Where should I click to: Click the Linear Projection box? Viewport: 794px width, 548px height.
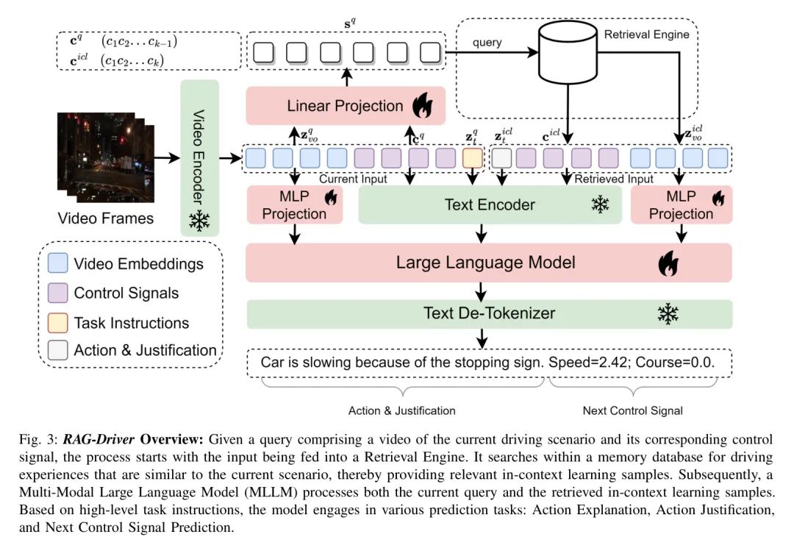click(x=346, y=106)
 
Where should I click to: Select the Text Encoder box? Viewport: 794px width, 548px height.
click(x=490, y=204)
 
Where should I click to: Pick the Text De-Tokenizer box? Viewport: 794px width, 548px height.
click(x=489, y=313)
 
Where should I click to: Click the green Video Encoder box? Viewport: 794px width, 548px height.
click(x=199, y=157)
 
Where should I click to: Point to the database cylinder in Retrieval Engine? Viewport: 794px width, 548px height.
click(x=568, y=54)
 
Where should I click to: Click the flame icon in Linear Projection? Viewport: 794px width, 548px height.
click(x=423, y=107)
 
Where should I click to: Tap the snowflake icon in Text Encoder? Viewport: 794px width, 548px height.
click(x=601, y=204)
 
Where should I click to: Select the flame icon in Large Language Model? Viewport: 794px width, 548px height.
click(x=668, y=263)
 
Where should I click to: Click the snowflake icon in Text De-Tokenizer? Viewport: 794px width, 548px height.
click(x=668, y=314)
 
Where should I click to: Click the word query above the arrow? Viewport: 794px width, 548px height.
click(x=487, y=42)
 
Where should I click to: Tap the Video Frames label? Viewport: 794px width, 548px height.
click(x=106, y=218)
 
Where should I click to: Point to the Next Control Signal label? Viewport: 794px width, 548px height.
click(x=632, y=410)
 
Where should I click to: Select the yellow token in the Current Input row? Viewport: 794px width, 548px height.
click(x=472, y=157)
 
